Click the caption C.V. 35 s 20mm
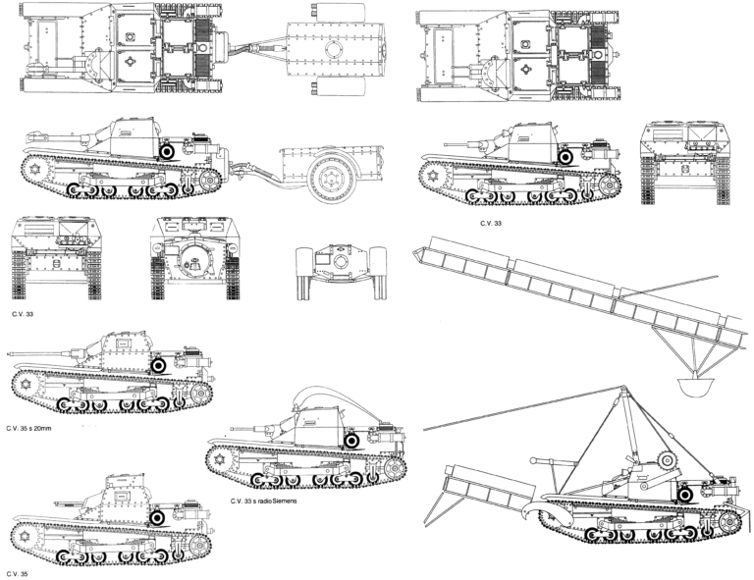(28, 428)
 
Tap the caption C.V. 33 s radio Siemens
(263, 501)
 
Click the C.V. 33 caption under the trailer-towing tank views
(23, 315)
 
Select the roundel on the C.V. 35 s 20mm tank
(159, 366)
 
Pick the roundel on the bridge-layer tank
(684, 495)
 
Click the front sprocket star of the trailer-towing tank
(34, 170)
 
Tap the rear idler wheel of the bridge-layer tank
(730, 520)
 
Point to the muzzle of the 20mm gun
(10, 353)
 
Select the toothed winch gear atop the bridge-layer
(668, 461)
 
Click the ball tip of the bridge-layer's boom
(533, 461)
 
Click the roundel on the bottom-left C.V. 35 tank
(157, 517)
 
